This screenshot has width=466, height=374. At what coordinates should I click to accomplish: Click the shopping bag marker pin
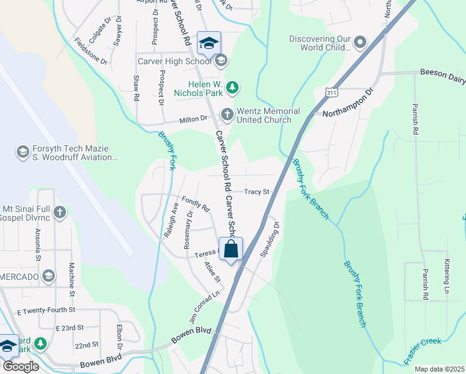click(x=231, y=250)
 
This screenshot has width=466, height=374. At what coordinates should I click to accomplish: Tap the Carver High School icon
click(x=221, y=61)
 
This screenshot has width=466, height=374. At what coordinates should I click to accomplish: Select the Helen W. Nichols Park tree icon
click(x=232, y=87)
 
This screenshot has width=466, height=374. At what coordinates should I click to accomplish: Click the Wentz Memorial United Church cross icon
click(x=227, y=115)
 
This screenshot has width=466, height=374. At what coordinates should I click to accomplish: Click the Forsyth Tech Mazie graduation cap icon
click(x=22, y=152)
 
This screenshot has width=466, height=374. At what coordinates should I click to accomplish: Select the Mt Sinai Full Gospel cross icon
click(x=60, y=213)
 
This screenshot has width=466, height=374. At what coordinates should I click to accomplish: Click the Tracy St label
click(x=256, y=192)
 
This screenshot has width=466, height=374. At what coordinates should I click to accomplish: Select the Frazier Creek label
click(x=422, y=350)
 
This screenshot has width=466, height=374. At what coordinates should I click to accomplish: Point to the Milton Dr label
click(x=193, y=118)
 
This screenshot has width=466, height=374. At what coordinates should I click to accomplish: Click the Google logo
click(x=20, y=367)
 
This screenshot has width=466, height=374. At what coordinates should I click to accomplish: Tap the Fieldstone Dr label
click(x=91, y=52)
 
